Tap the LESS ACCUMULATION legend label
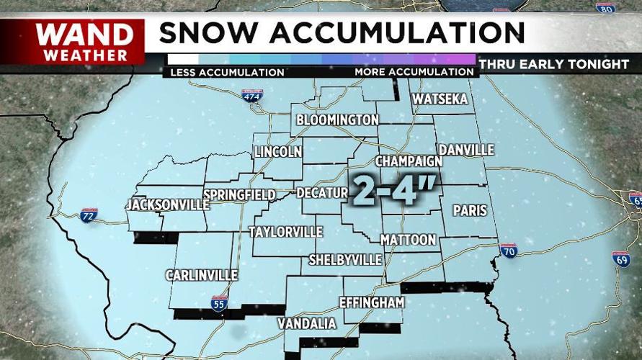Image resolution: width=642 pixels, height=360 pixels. (x=227, y=72)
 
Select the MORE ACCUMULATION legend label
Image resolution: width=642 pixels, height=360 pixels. (x=414, y=72)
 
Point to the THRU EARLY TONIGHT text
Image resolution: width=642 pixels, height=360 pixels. (x=553, y=64)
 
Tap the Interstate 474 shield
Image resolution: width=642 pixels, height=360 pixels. (x=251, y=95)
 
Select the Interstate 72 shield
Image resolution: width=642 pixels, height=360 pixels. (x=89, y=215)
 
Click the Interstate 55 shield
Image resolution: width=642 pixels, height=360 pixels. (x=220, y=303)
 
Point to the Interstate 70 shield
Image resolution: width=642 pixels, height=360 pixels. (x=508, y=250)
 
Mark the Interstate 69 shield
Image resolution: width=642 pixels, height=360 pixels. (x=622, y=259)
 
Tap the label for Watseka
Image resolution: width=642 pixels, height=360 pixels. (x=440, y=99)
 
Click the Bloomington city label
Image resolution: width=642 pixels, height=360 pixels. (x=337, y=120)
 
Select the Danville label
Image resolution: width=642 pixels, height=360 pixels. (x=466, y=150)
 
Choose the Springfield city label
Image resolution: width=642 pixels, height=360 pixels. (x=240, y=195)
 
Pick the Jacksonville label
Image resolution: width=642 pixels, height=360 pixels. (x=167, y=204)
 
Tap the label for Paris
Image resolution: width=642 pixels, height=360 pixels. (x=470, y=211)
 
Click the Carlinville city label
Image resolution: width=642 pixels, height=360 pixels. (x=202, y=275)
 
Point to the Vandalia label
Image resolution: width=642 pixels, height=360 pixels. (x=307, y=324)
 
